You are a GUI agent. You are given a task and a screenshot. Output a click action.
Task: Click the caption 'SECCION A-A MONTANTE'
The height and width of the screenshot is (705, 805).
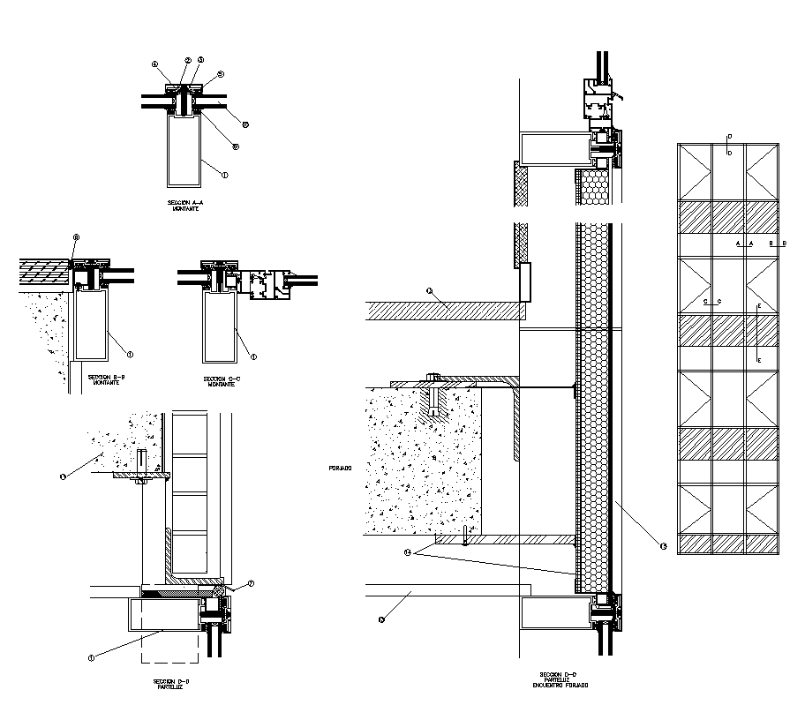pyautogui.click(x=185, y=206)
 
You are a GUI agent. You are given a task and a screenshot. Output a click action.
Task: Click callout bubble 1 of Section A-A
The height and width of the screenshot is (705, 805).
pyautogui.click(x=225, y=176)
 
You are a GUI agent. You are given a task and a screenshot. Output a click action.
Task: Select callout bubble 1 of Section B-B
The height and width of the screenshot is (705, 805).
pyautogui.click(x=131, y=354)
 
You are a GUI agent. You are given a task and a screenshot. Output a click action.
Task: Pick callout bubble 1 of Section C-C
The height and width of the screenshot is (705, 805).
pyautogui.click(x=254, y=356)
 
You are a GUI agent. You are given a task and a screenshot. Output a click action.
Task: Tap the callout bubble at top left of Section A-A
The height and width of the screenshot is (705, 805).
pyautogui.click(x=154, y=64)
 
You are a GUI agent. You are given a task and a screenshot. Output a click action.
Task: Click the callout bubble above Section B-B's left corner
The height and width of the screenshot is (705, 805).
pyautogui.click(x=76, y=237)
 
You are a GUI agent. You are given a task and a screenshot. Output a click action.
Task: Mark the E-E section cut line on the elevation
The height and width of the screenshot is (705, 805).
pyautogui.click(x=758, y=333)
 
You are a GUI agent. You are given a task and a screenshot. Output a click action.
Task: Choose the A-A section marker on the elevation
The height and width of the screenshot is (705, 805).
pyautogui.click(x=744, y=243)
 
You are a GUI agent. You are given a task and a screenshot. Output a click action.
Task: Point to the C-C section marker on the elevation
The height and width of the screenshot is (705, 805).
pyautogui.click(x=712, y=302)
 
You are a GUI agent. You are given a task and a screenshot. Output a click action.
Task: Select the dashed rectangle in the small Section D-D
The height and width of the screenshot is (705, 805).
pyautogui.click(x=169, y=647)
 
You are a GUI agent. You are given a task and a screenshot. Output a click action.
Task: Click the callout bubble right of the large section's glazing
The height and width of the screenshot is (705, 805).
pyautogui.click(x=663, y=545)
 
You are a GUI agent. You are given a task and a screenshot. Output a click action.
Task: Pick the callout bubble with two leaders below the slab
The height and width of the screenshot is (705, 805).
pyautogui.click(x=408, y=552)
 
